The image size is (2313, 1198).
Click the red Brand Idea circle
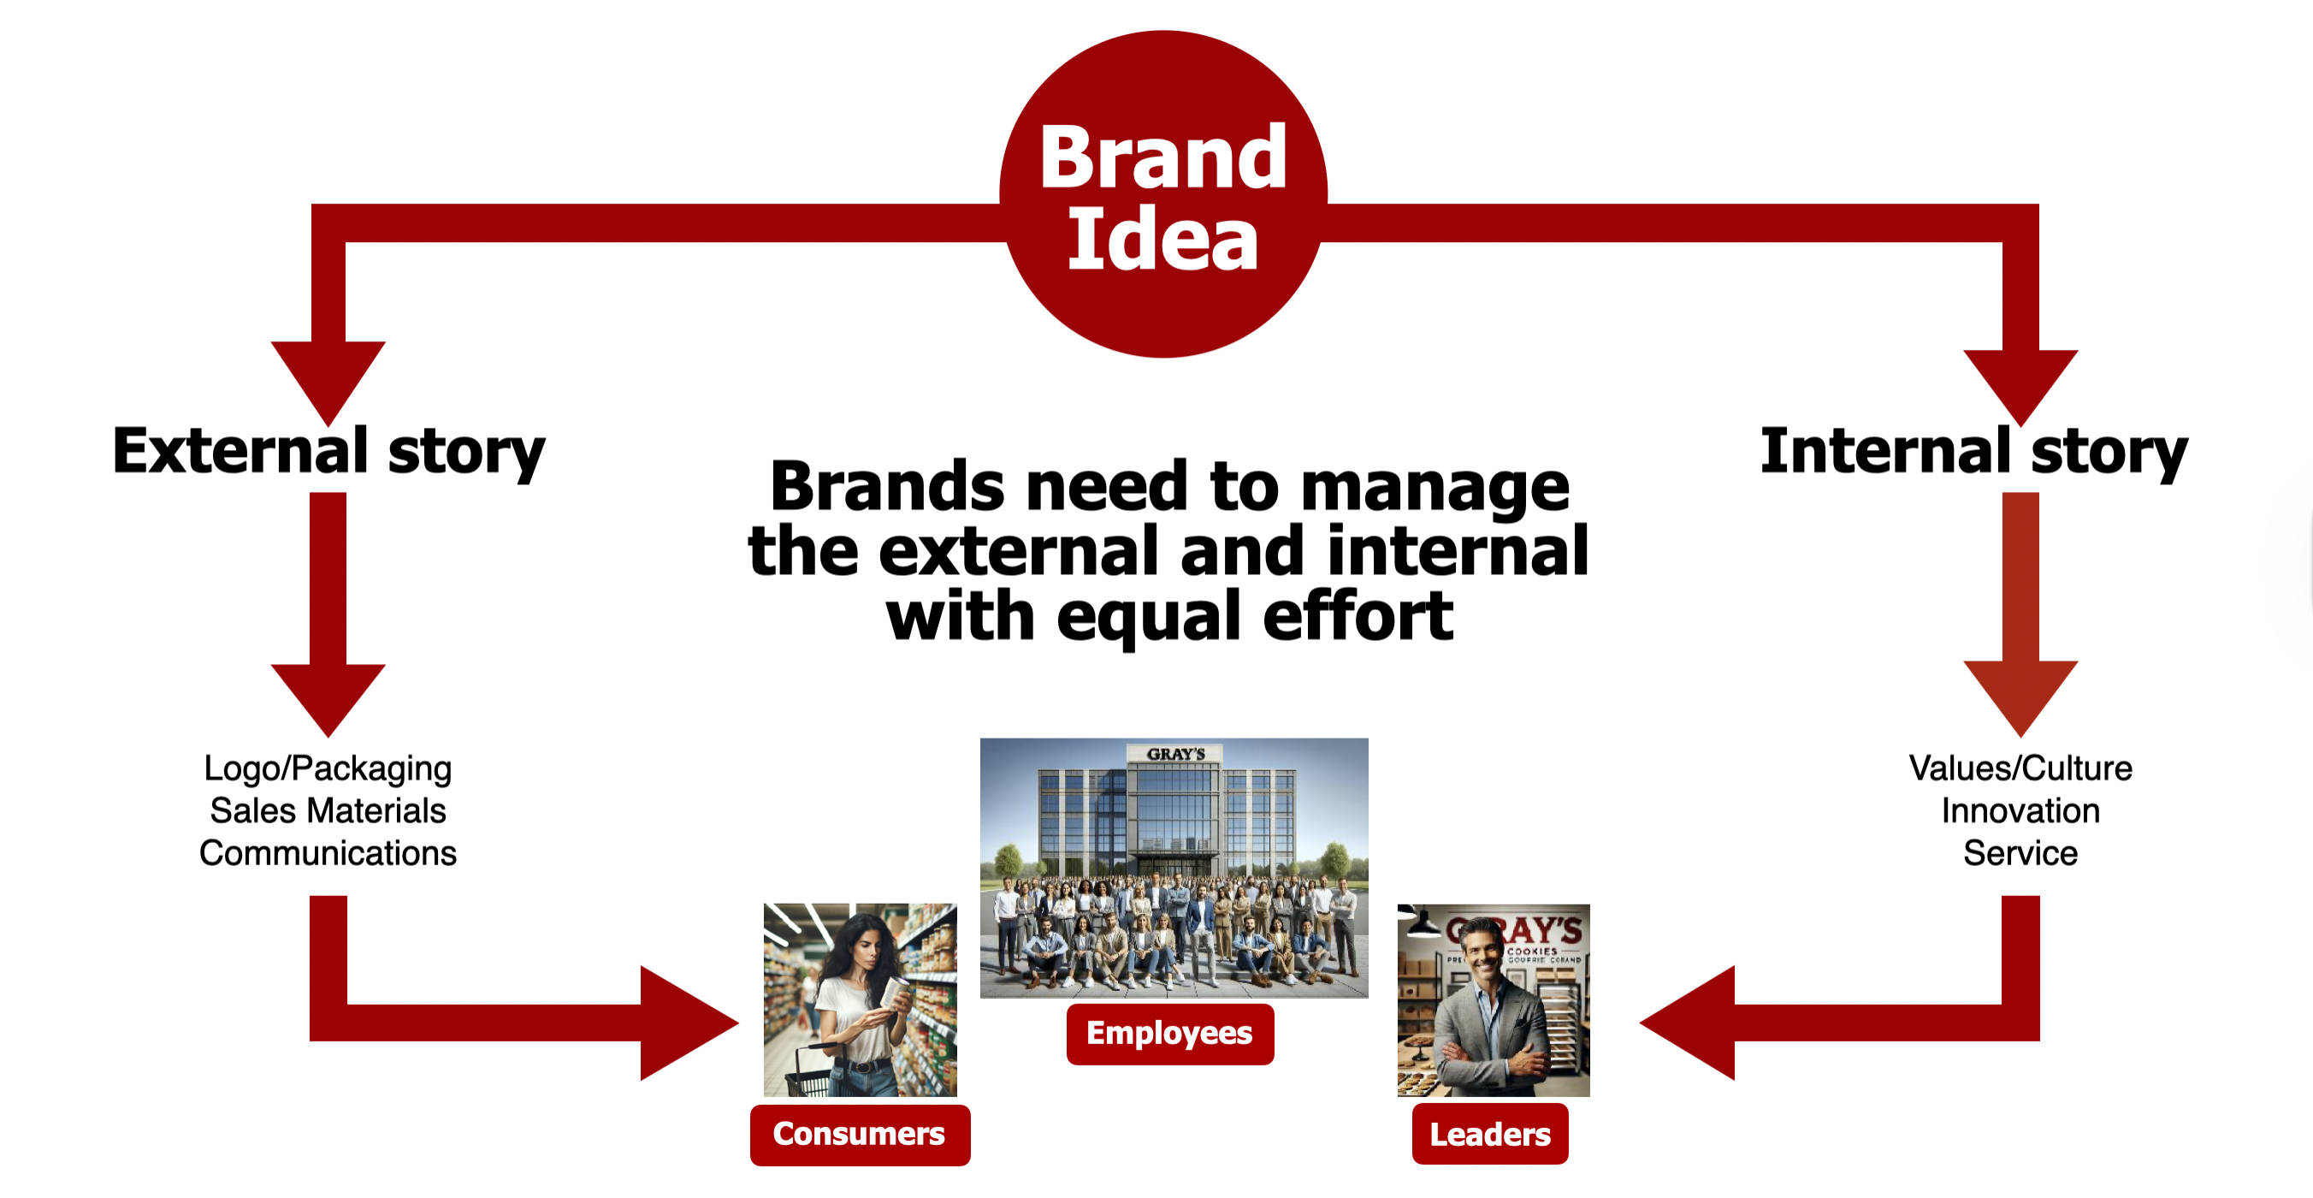(1162, 194)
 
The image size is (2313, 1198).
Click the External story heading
(328, 452)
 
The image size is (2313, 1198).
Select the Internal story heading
(1973, 452)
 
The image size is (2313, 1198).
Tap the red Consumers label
(860, 1134)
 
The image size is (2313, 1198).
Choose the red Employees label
(1169, 1034)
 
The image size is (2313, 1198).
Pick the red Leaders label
(1489, 1134)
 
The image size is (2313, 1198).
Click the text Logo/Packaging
(328, 769)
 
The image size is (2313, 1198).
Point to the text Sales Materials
(328, 811)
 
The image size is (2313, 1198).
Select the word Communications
(328, 853)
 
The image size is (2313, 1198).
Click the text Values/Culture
(2020, 768)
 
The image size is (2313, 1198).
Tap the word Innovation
(2020, 811)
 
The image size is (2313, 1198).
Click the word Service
(2020, 853)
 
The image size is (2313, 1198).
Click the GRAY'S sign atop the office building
(1175, 755)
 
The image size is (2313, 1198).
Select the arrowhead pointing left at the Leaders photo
(1687, 1023)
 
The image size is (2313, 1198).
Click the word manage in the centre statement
(1435, 489)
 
